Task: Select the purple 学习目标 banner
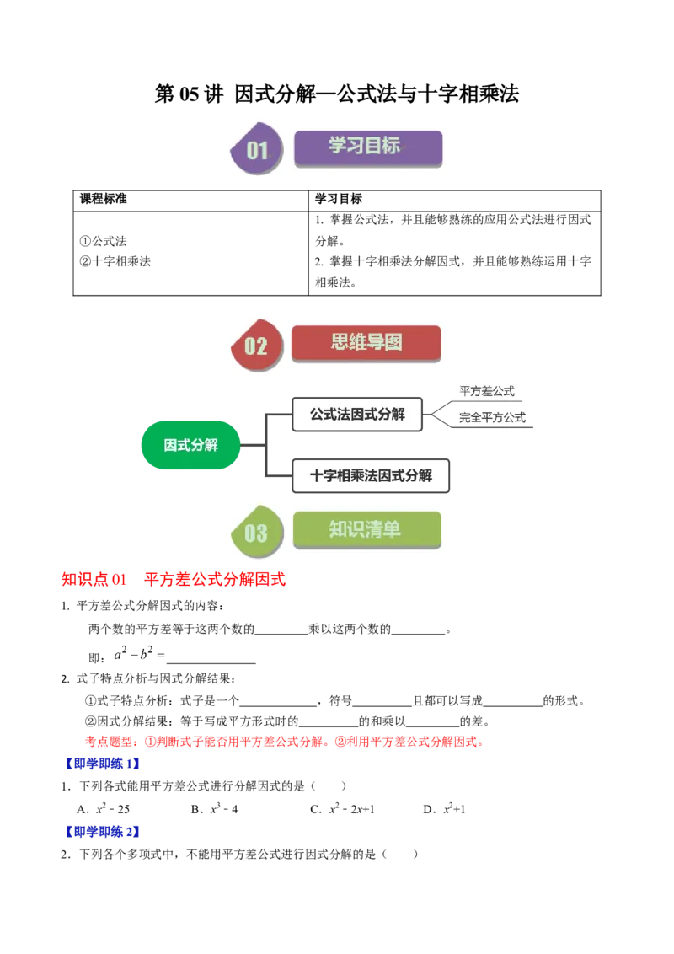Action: click(x=367, y=147)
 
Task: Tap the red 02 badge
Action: click(x=255, y=346)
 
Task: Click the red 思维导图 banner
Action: click(x=366, y=343)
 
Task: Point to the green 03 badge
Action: click(x=255, y=533)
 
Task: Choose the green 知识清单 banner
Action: click(x=366, y=530)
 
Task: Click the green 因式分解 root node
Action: click(x=190, y=445)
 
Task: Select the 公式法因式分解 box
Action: click(x=356, y=414)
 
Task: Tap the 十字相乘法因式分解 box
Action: click(x=370, y=476)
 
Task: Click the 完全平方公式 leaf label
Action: click(x=492, y=417)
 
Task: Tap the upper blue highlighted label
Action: click(x=103, y=764)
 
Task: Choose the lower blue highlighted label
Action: click(x=103, y=832)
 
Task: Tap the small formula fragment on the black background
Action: click(x=138, y=653)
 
